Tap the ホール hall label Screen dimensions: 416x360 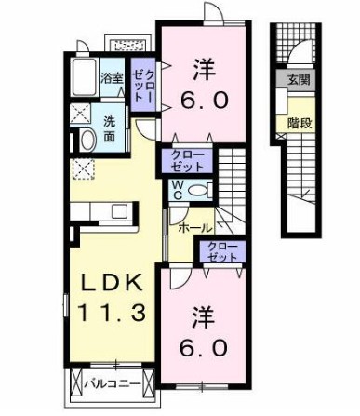193,227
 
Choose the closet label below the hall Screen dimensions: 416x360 221,252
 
